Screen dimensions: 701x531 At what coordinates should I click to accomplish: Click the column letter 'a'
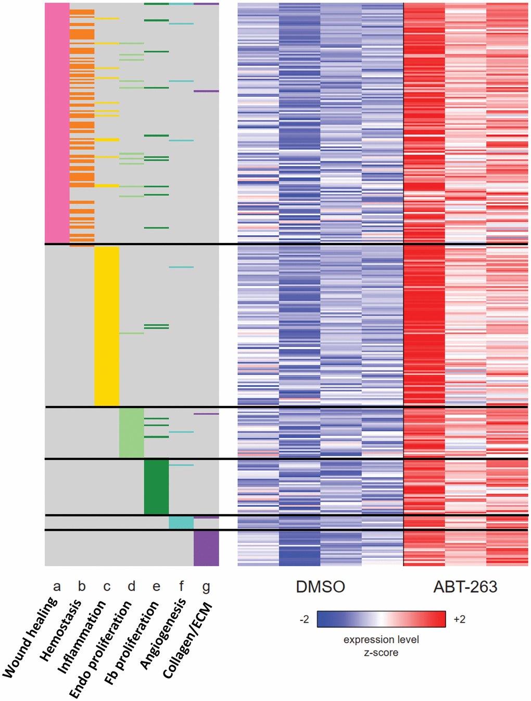(x=57, y=587)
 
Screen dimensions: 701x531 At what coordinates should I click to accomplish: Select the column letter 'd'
(x=131, y=587)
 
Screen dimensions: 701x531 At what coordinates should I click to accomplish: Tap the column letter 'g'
(x=206, y=588)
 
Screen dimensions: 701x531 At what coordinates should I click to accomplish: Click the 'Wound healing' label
(x=30, y=638)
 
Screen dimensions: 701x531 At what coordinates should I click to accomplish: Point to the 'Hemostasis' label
(x=61, y=630)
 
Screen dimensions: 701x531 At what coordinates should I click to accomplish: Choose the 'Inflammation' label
(x=81, y=637)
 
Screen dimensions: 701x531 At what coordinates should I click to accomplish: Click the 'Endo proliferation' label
(x=100, y=649)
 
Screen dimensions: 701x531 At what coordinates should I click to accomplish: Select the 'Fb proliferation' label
(x=131, y=643)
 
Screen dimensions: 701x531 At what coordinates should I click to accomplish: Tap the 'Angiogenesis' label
(x=163, y=633)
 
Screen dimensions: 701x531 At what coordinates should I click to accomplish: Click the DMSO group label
(x=320, y=587)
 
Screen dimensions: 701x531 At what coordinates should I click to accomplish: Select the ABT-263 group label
(x=465, y=587)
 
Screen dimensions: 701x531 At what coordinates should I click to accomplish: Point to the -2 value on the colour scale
(x=305, y=619)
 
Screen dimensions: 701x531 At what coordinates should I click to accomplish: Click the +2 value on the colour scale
(x=459, y=619)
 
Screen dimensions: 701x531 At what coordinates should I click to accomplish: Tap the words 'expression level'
(x=381, y=640)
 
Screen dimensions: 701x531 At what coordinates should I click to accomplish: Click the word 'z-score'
(x=381, y=653)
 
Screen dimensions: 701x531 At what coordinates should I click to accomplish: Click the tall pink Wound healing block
(x=57, y=123)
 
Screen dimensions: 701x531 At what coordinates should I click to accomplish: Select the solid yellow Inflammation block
(x=107, y=326)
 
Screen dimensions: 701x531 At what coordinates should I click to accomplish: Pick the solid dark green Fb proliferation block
(x=156, y=487)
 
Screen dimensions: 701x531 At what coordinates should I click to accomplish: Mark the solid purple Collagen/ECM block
(x=206, y=548)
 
